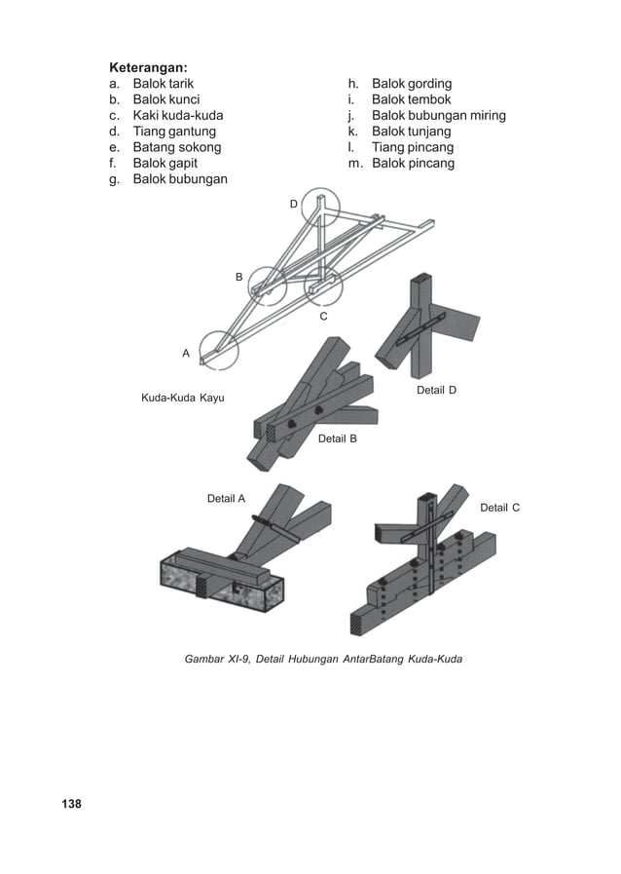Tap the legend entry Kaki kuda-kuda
click(177, 115)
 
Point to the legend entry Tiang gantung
click(174, 131)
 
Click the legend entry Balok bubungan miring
click(439, 115)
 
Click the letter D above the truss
click(293, 204)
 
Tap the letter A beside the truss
click(186, 354)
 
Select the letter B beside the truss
click(238, 278)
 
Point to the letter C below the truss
click(323, 317)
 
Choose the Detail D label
click(436, 390)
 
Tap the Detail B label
click(337, 439)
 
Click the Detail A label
click(226, 498)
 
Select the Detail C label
click(499, 508)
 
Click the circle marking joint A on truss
click(219, 349)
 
